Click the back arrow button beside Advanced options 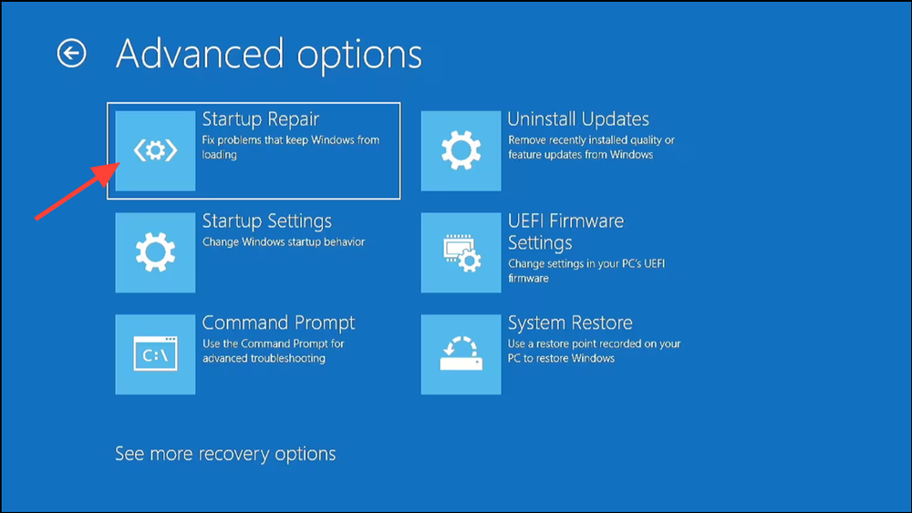71,54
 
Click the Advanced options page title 269,55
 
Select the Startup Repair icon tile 155,151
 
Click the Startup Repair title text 260,119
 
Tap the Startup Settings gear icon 155,252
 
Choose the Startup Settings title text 266,221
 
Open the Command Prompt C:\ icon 155,354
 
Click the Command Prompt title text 278,323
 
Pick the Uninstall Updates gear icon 461,151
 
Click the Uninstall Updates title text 578,119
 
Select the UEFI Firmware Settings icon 461,252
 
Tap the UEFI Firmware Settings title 565,232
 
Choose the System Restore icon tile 461,354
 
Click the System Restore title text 570,323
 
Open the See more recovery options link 225,454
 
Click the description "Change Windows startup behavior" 283,242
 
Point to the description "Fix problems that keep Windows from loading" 290,148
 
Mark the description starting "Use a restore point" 594,351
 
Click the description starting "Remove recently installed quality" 591,148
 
